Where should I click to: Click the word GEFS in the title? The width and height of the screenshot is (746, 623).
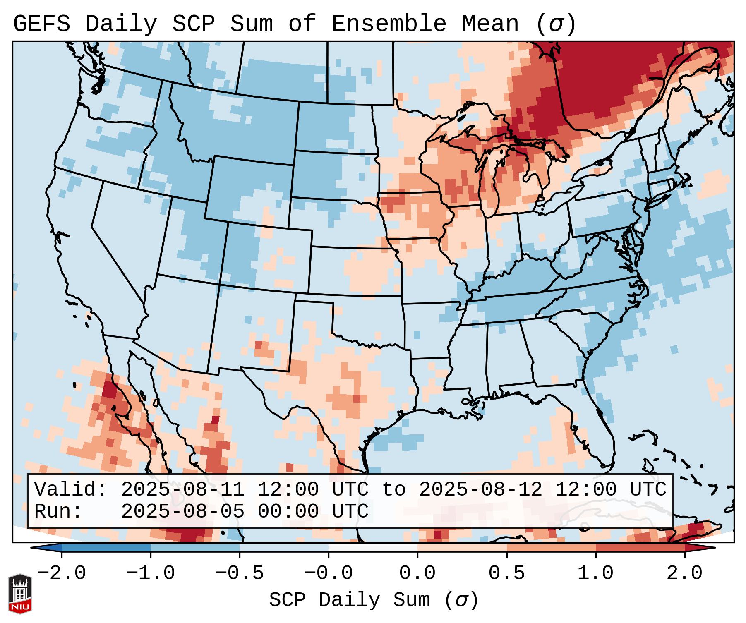pos(41,24)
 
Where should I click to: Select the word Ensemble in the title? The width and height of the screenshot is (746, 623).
pos(389,24)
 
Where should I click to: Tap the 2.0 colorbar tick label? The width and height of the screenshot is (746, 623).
pos(684,574)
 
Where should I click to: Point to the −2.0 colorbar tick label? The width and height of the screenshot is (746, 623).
pos(62,574)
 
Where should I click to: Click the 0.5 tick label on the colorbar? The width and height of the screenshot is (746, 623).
pos(506,574)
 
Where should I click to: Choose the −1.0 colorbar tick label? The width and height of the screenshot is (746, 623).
pos(150,574)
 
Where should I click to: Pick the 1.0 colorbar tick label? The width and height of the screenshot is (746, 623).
pos(595,574)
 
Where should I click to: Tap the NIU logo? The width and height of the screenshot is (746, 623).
pos(20,594)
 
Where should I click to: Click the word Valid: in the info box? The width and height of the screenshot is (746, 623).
pos(71,490)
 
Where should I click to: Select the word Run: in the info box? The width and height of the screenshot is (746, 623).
pos(58,512)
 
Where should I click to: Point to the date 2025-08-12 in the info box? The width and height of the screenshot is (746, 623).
pos(480,490)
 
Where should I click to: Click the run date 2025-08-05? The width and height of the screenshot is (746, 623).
pos(182,512)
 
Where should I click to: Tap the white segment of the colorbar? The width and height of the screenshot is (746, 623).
pos(373,548)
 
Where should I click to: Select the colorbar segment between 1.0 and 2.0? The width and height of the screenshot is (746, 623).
pos(640,548)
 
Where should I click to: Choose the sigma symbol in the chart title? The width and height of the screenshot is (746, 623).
pos(555,24)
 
